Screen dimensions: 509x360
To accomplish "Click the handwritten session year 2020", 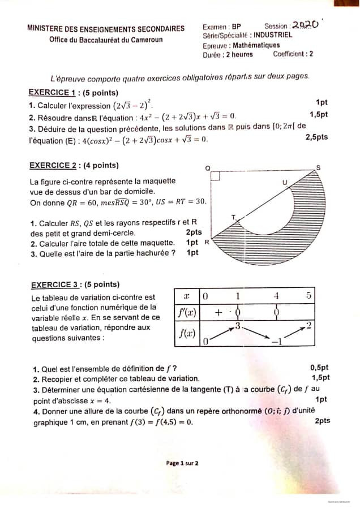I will tap(306, 25).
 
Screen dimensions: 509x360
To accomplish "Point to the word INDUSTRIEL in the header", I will tap(273, 35).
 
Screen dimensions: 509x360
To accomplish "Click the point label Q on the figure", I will tap(207, 168).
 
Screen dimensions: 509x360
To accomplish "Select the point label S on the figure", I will tap(318, 167).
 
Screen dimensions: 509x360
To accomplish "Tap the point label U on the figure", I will tap(284, 182).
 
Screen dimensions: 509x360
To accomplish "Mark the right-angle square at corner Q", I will tap(215, 176).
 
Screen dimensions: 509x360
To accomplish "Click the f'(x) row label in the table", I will tap(186, 312).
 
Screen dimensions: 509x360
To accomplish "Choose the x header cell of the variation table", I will tap(186, 296).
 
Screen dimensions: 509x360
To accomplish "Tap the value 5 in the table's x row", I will tap(308, 295).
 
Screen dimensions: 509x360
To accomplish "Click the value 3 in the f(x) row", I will tap(238, 325).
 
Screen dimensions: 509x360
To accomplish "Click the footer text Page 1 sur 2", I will tap(182, 463).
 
